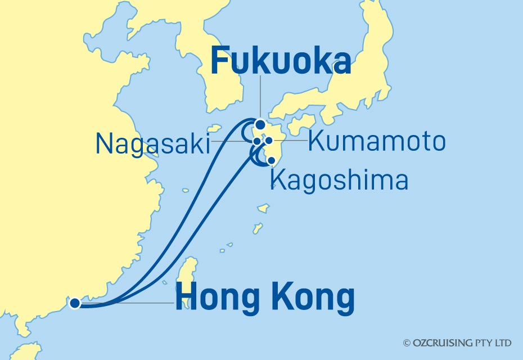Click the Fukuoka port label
click(281, 61)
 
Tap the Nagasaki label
click(152, 143)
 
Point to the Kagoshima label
click(339, 181)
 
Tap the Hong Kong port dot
click(74, 304)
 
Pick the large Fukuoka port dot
click(260, 125)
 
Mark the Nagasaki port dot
click(257, 141)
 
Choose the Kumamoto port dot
click(269, 141)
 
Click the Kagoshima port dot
click(272, 160)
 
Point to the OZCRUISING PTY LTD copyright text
click(457, 343)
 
